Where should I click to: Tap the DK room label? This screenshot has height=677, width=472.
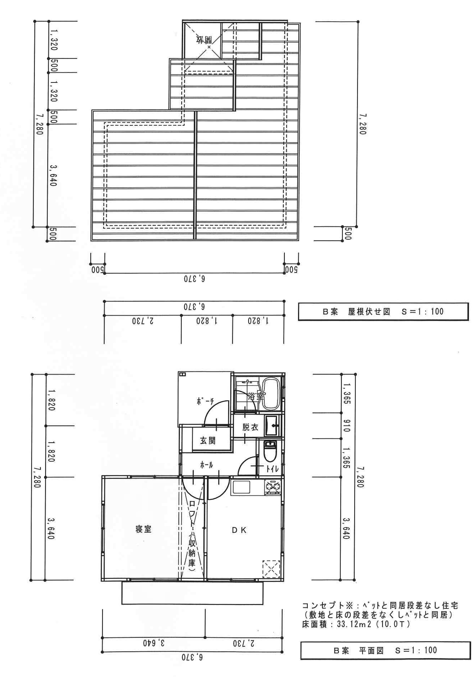[x=239, y=530]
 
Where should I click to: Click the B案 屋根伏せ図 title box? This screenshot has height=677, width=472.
[x=383, y=311]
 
